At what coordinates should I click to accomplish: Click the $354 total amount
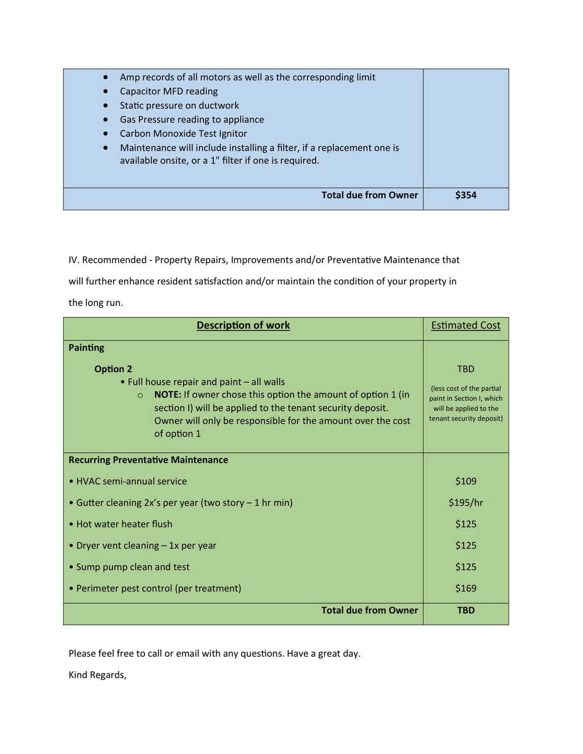click(465, 195)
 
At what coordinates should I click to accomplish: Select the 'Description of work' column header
click(243, 326)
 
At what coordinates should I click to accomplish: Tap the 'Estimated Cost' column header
click(465, 326)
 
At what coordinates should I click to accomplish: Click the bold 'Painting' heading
click(86, 348)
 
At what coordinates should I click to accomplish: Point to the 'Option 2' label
click(113, 369)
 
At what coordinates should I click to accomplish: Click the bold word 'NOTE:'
click(167, 394)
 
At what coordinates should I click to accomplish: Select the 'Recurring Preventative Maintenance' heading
click(148, 460)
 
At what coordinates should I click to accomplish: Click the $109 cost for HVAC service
click(465, 481)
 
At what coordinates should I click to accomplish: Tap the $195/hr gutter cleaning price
click(465, 503)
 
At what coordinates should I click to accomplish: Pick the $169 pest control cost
click(465, 589)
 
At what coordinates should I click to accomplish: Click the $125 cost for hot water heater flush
click(465, 524)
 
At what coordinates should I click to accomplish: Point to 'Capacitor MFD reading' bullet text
click(168, 91)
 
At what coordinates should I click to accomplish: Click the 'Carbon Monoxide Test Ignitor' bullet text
click(183, 133)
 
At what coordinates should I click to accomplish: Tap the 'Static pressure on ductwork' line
click(179, 105)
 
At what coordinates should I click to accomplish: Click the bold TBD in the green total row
click(465, 611)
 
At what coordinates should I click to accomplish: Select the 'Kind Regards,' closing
click(97, 675)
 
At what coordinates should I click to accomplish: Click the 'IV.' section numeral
click(73, 260)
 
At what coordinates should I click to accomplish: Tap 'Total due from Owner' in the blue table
click(369, 195)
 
